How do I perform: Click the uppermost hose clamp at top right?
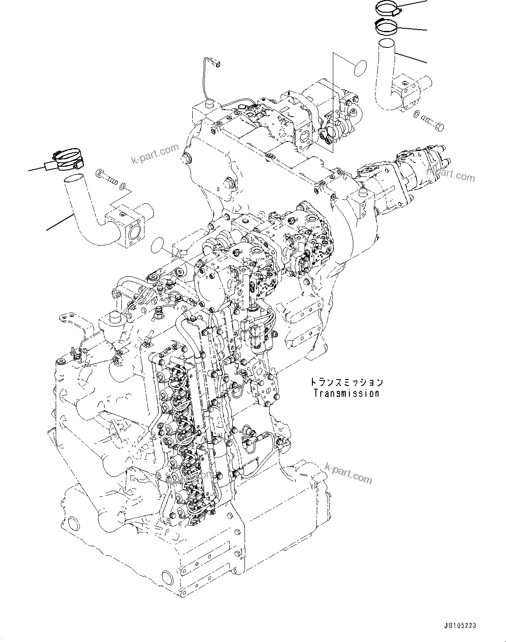click(x=387, y=8)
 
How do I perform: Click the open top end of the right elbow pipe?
click(x=385, y=44)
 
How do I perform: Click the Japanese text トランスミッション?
click(x=346, y=382)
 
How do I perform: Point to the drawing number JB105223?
click(x=459, y=625)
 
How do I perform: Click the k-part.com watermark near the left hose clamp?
click(x=155, y=155)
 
